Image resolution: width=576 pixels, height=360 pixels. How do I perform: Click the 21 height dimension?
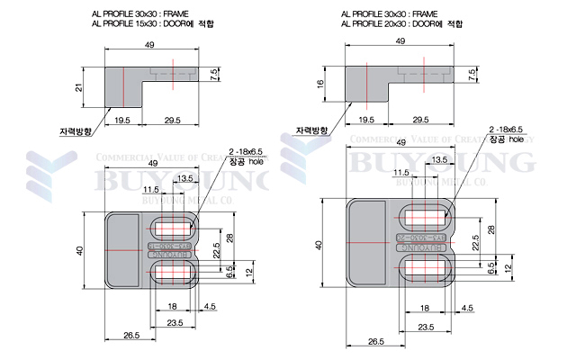(x=79, y=87)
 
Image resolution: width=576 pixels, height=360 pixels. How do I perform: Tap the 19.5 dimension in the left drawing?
(x=123, y=120)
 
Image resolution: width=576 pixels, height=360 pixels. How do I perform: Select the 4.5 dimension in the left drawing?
(x=210, y=307)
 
